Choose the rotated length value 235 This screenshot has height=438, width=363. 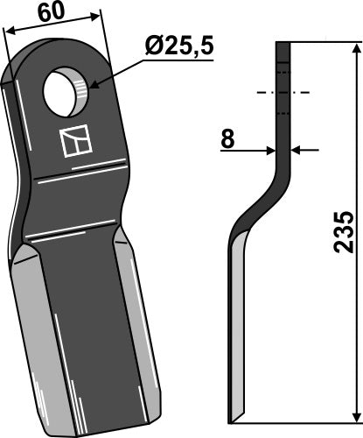(346, 231)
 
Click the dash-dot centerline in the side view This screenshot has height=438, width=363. (282, 92)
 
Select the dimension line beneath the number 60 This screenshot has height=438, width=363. (52, 24)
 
